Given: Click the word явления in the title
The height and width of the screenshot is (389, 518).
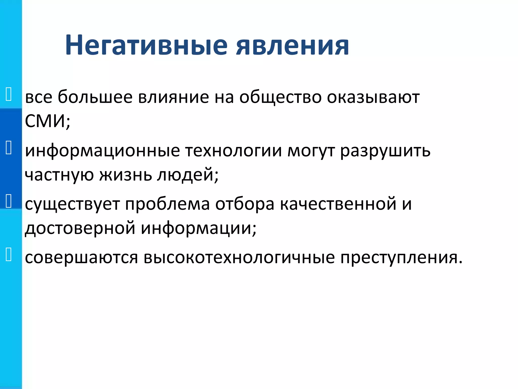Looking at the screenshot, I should point(292,46).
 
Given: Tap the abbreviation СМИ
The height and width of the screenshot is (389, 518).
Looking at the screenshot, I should point(46,121).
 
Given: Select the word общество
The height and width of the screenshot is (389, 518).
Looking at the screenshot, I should point(280,97).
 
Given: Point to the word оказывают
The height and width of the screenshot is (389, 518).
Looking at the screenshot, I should point(373,97).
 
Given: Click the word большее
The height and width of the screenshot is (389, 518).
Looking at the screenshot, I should point(95,97).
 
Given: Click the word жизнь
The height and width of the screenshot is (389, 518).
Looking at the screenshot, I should point(125,175).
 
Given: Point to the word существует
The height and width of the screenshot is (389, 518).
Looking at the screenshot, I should point(72,204).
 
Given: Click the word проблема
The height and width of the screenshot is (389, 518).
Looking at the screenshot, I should point(167,204).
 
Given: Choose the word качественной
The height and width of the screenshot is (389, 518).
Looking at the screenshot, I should point(338,204).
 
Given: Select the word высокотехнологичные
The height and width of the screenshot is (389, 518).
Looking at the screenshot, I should point(239,258).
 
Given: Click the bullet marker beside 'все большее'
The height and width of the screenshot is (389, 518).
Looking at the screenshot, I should point(8,94).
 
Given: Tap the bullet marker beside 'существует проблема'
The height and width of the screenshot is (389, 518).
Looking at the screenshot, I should point(8,201).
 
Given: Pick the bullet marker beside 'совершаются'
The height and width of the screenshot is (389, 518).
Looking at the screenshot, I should point(8,254).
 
